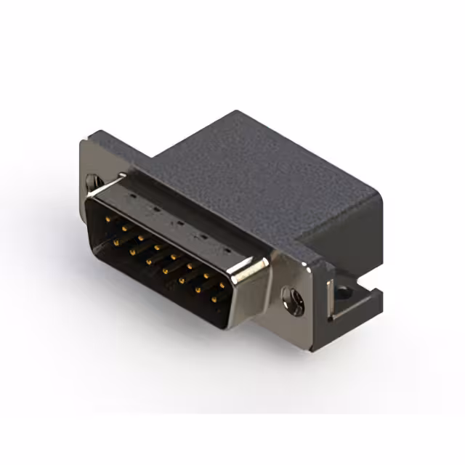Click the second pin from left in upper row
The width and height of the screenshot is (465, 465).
coord(124,227)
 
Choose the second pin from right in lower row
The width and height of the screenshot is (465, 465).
coord(198,290)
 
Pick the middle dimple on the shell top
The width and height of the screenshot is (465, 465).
coord(179,222)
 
